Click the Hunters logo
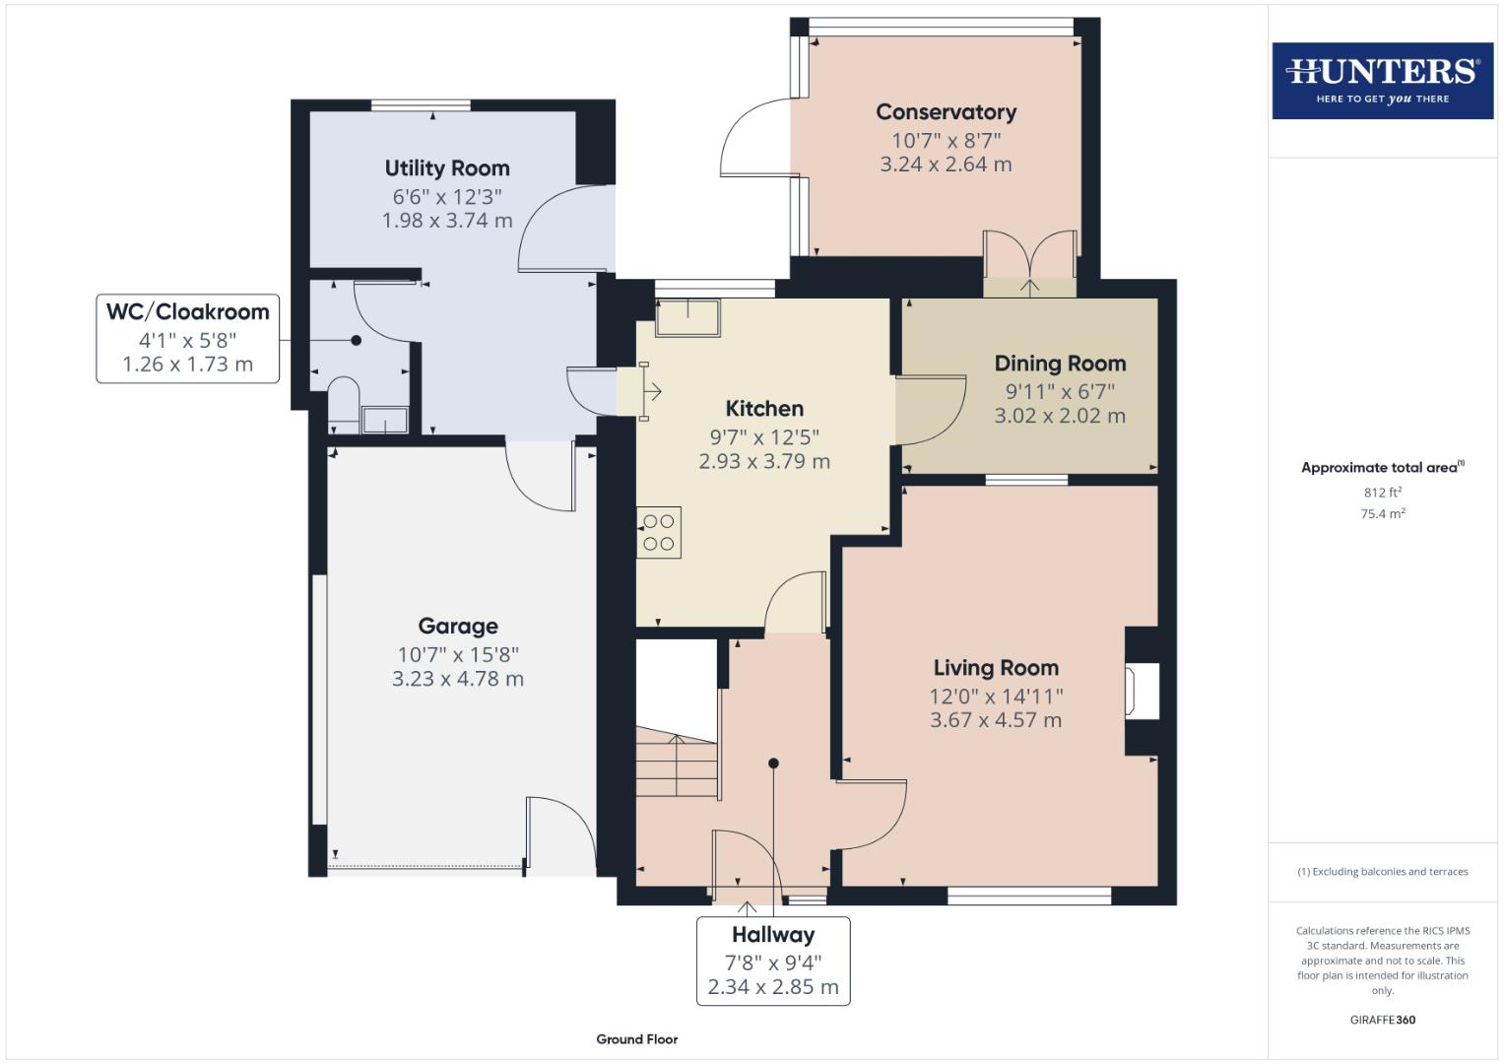(x=1382, y=80)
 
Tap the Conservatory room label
(x=946, y=112)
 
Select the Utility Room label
(x=447, y=168)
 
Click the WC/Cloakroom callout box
(x=187, y=338)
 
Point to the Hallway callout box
(x=773, y=961)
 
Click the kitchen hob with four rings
(x=659, y=532)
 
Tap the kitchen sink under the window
(x=687, y=317)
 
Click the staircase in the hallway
(x=676, y=765)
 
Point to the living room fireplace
(x=1143, y=689)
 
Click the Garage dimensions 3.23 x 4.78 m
(x=458, y=679)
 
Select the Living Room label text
(x=996, y=668)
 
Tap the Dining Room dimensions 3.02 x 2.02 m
(x=1060, y=416)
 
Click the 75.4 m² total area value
(x=1382, y=513)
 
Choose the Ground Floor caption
(x=637, y=1038)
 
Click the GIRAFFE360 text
(x=1382, y=1020)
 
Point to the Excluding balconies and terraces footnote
(x=1382, y=872)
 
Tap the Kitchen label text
(x=764, y=409)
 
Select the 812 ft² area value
(x=1382, y=492)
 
